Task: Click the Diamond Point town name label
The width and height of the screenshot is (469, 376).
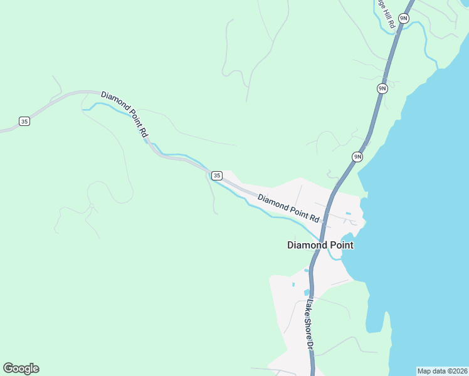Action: click(x=320, y=245)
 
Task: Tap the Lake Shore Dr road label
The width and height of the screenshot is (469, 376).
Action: click(x=309, y=324)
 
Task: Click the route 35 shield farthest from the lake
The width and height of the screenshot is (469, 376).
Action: click(x=24, y=121)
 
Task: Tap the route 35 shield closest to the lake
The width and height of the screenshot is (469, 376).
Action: click(x=216, y=175)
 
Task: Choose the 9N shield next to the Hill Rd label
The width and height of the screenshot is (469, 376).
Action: click(x=403, y=19)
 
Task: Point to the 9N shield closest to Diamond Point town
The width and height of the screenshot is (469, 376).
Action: click(x=357, y=157)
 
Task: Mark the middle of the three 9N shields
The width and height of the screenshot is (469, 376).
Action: click(x=382, y=88)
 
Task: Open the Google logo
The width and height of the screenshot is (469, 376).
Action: click(x=21, y=368)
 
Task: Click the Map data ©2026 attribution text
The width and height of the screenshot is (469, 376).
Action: click(x=442, y=371)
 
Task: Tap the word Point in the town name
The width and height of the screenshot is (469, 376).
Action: click(x=339, y=245)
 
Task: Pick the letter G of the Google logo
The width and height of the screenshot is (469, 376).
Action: click(x=8, y=368)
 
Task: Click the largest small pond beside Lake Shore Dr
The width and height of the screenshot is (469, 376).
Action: click(x=307, y=292)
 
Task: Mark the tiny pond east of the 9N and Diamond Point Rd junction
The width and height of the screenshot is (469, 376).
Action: click(x=348, y=214)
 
